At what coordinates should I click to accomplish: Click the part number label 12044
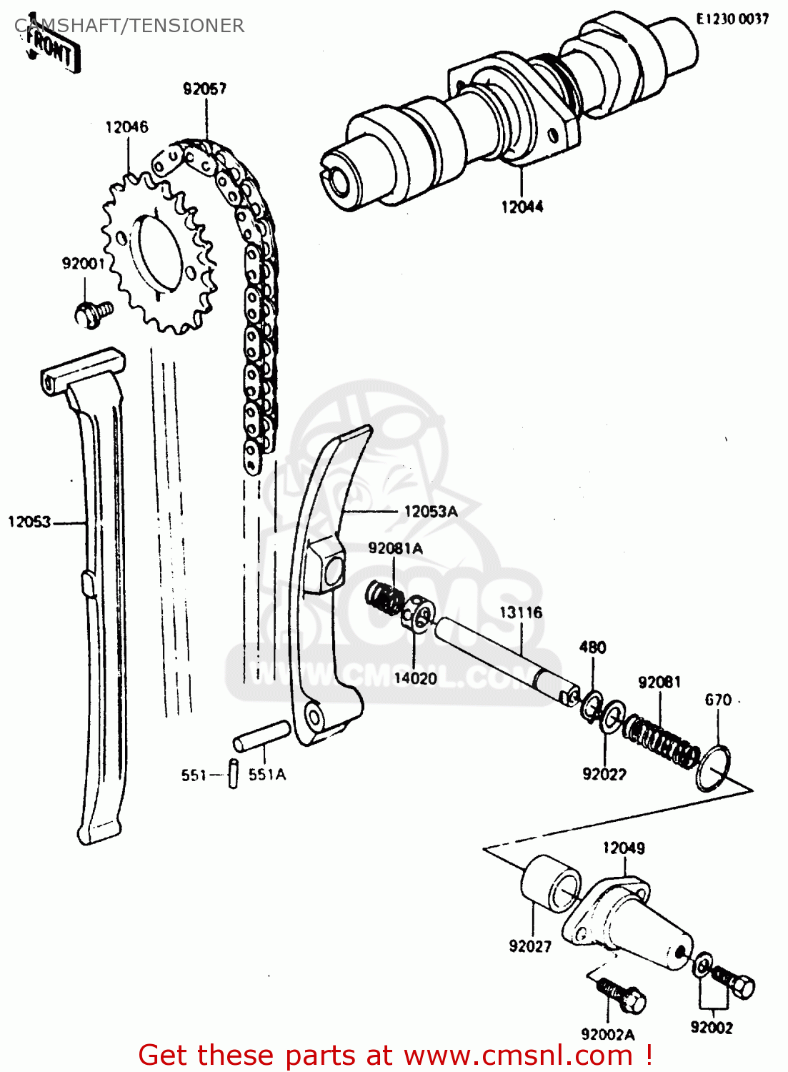[522, 207]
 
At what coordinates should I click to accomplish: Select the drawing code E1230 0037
[732, 19]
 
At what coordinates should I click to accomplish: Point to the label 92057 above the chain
[205, 89]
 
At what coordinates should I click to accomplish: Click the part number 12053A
[431, 512]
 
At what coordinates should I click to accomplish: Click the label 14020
[415, 678]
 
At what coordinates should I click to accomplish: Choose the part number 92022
[604, 774]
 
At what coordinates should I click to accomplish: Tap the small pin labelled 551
[233, 774]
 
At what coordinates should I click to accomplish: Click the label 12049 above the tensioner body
[623, 848]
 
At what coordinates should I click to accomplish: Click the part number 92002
[712, 1028]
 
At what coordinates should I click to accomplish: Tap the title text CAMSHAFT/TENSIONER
[130, 26]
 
